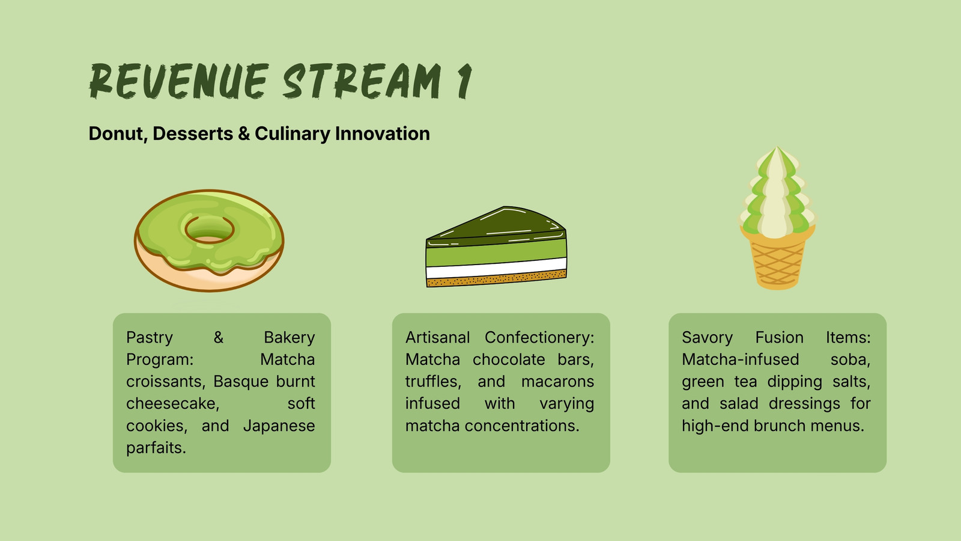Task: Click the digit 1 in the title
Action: click(x=464, y=81)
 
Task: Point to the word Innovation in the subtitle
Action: click(x=382, y=133)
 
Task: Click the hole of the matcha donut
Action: click(x=210, y=229)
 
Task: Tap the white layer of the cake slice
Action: click(x=496, y=268)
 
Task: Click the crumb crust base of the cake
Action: click(x=496, y=278)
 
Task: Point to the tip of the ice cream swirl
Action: click(x=777, y=147)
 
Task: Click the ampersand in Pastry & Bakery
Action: click(x=219, y=337)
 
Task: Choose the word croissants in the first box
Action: click(x=166, y=382)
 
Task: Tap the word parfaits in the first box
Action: click(x=156, y=448)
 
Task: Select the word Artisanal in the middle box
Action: click(x=438, y=337)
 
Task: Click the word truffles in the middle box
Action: click(x=433, y=382)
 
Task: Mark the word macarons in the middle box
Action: click(x=558, y=382)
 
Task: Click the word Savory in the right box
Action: click(x=708, y=338)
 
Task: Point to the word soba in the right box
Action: click(x=850, y=359)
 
